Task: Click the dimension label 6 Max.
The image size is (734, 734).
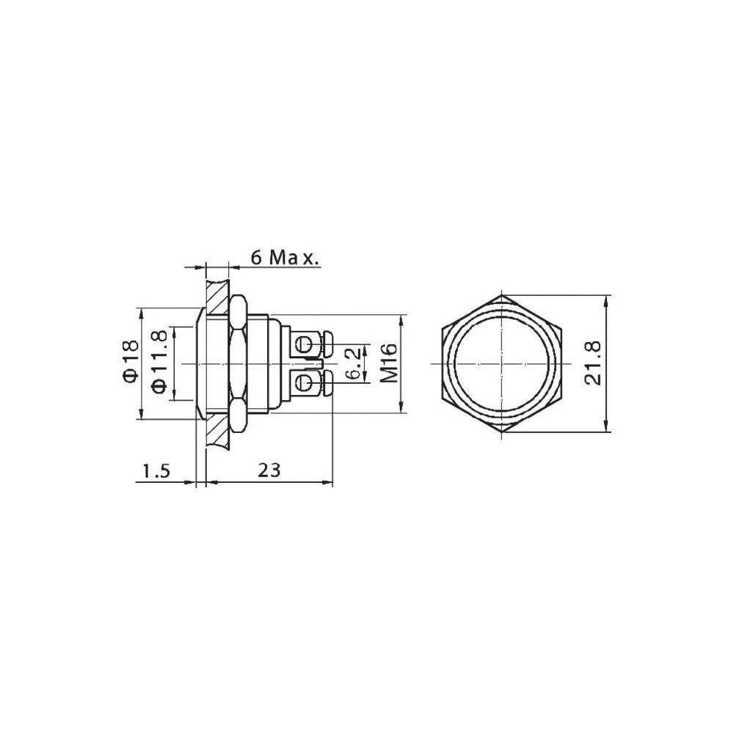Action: (283, 258)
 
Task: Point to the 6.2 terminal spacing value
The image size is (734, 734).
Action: (354, 364)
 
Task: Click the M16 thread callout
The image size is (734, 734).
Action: (389, 363)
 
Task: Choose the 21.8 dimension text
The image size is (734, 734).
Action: (592, 363)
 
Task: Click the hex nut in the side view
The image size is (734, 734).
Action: (238, 363)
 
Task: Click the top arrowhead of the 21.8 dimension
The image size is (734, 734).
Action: (606, 301)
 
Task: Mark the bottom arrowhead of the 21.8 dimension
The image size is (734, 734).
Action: (606, 427)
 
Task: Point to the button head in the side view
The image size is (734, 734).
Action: (201, 363)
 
